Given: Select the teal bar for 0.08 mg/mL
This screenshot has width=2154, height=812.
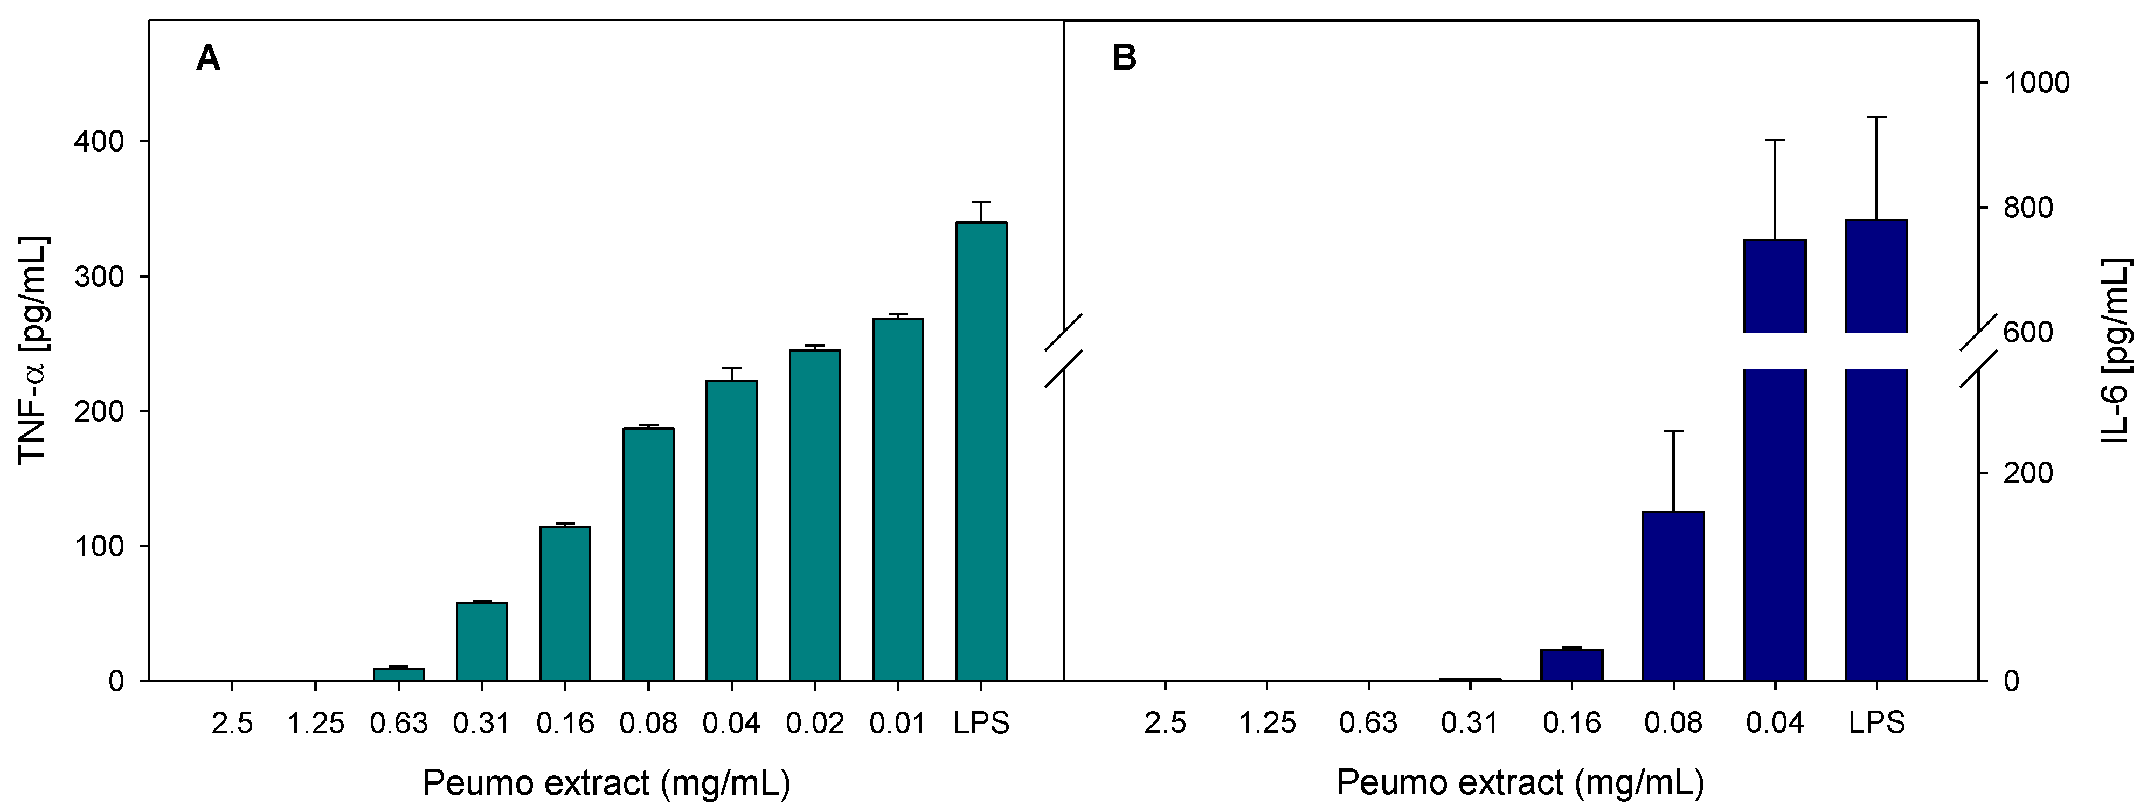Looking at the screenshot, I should pos(648,554).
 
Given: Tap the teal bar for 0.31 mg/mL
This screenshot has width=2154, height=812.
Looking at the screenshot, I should pos(482,642).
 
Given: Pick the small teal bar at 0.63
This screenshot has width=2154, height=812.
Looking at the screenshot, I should pos(398,674).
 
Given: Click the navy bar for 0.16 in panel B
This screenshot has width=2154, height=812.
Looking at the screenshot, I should pos(1571,665).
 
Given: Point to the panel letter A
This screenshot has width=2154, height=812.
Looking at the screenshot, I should pos(207,59).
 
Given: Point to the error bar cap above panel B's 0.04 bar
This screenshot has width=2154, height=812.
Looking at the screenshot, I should pos(1775,140).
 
